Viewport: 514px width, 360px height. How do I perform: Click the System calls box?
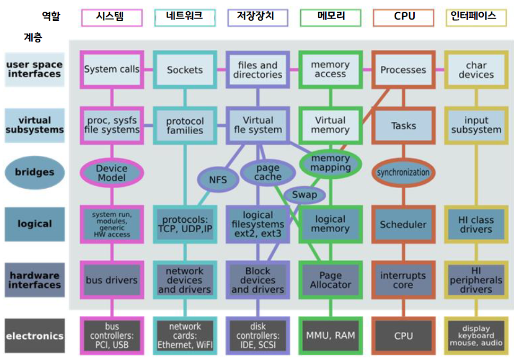pos(111,69)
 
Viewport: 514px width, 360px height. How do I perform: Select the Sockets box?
pos(185,69)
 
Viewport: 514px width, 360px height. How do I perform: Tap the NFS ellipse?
pos(218,180)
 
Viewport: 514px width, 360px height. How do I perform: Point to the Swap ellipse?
pos(304,195)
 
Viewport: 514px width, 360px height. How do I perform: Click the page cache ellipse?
pos(267,172)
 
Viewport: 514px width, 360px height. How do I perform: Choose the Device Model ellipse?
pos(111,173)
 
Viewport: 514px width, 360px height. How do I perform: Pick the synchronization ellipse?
pos(403,172)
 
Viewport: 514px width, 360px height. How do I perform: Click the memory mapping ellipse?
pos(330,163)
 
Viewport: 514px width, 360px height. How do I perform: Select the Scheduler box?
pos(403,224)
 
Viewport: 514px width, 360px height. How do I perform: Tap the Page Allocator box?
pos(330,280)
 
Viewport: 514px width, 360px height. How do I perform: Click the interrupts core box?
pos(403,280)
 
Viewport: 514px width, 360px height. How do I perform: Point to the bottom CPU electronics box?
pos(403,336)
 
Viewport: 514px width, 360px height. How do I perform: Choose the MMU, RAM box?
pos(330,336)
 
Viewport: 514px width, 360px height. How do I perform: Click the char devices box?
pos(476,69)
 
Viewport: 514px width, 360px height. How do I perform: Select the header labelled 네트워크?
pos(185,17)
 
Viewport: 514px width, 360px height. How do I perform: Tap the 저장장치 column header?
pos(257,17)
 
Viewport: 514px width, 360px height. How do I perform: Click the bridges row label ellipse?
pos(34,172)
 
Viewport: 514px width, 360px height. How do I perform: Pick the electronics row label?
pos(34,336)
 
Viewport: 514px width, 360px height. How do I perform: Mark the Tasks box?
pos(403,126)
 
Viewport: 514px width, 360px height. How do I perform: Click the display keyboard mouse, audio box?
pos(476,336)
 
